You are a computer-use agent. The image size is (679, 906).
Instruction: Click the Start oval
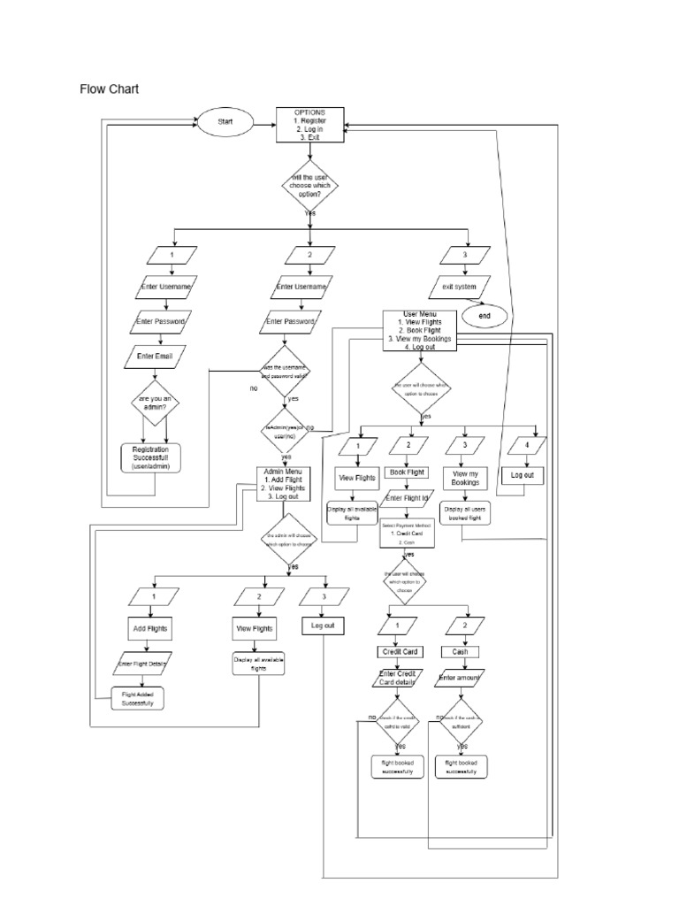(x=225, y=121)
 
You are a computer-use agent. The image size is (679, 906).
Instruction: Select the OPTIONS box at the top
(x=309, y=126)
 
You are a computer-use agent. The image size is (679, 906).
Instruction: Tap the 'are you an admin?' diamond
(x=156, y=405)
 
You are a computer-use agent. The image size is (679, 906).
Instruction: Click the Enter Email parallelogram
(x=156, y=356)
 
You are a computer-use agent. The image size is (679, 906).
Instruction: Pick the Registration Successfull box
(x=156, y=457)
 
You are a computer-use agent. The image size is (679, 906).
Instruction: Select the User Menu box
(x=420, y=330)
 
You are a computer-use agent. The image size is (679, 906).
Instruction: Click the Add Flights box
(x=151, y=628)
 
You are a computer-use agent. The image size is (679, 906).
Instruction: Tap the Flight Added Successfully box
(x=137, y=699)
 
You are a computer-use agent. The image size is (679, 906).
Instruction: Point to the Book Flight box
(x=408, y=472)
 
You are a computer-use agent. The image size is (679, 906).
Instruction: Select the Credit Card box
(x=398, y=651)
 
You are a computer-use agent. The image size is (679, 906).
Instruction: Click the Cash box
(x=461, y=651)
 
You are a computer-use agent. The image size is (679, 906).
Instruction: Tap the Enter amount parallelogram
(x=461, y=679)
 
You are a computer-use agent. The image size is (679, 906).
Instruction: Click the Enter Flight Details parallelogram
(x=141, y=663)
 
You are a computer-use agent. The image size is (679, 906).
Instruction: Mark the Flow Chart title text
(x=110, y=89)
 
